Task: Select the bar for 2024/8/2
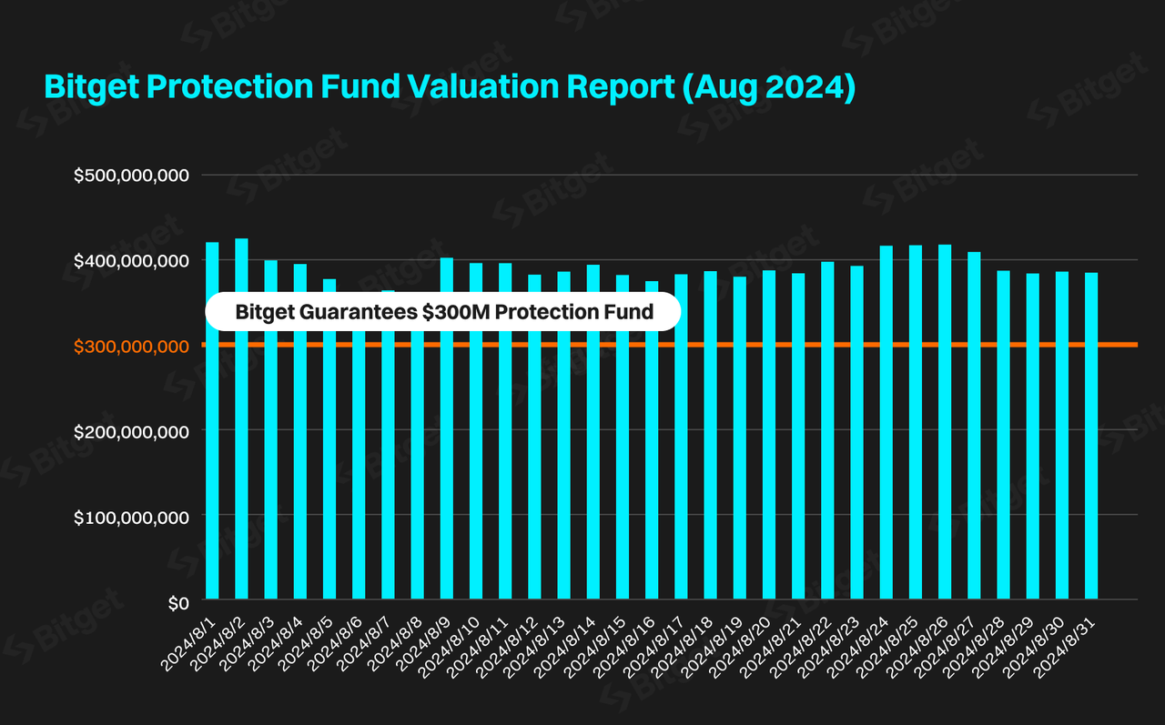coord(241,418)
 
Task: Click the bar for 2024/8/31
coord(1091,436)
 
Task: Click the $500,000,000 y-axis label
coord(130,175)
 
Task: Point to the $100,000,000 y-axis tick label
coord(130,517)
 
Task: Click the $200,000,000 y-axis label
coord(130,431)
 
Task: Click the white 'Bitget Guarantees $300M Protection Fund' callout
coord(444,312)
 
